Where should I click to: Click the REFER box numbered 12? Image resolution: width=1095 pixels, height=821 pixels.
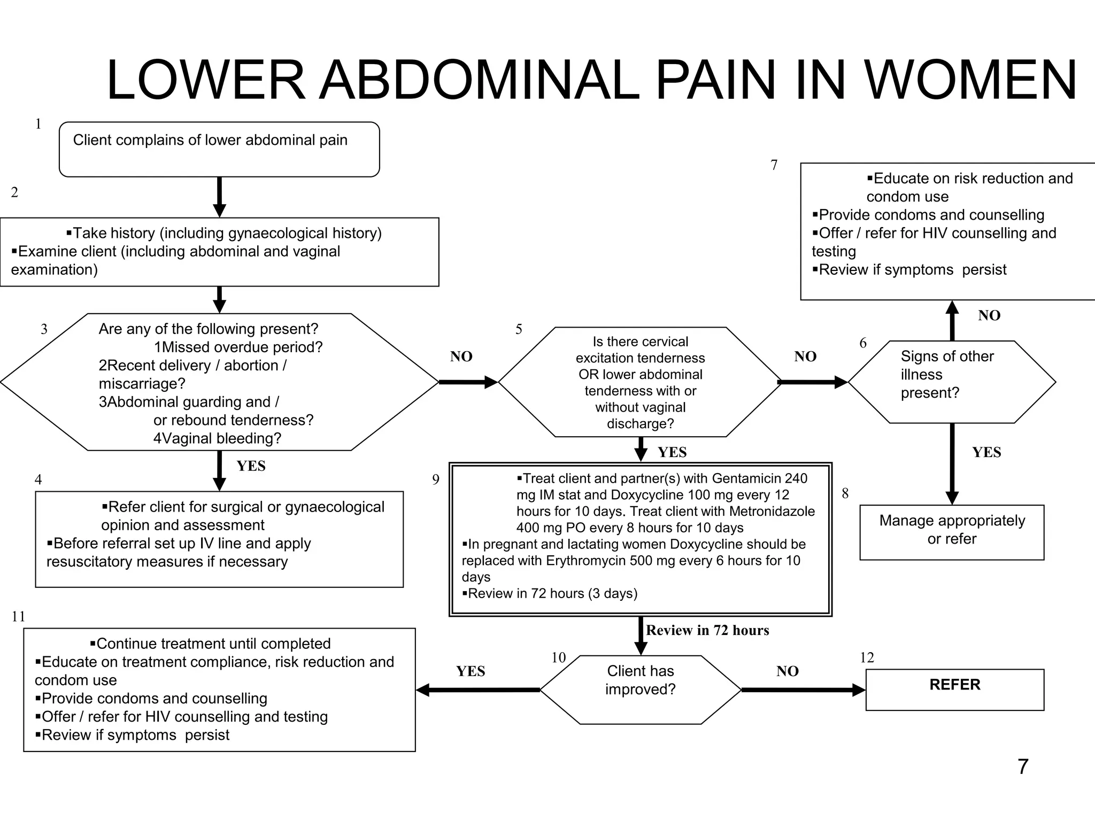(954, 689)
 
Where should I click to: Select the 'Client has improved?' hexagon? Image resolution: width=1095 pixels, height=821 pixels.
(640, 689)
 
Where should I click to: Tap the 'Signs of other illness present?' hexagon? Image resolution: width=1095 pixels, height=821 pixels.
(951, 381)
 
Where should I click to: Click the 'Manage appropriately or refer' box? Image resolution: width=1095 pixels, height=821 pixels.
(951, 532)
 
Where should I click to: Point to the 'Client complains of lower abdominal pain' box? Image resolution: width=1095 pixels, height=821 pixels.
(219, 149)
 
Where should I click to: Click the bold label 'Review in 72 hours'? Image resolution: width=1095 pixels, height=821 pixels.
(707, 630)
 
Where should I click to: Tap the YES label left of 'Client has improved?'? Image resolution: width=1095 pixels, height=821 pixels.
(471, 671)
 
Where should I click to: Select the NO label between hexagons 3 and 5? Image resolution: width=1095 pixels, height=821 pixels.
(461, 357)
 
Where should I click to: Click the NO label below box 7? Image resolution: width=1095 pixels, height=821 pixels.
(989, 315)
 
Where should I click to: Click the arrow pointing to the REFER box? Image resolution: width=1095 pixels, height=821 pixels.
(802, 690)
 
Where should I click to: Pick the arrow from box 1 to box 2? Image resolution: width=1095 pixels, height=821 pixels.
(219, 197)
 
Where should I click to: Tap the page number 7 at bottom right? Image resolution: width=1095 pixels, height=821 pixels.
(1022, 766)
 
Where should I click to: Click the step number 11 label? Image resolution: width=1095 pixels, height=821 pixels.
(18, 616)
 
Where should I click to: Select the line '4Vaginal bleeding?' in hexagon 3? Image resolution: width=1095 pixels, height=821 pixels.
(217, 438)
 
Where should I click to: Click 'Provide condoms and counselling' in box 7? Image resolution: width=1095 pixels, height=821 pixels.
(931, 215)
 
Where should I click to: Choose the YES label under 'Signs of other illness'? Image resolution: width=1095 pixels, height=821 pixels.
(986, 452)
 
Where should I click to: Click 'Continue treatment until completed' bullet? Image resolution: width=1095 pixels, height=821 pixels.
(213, 644)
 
